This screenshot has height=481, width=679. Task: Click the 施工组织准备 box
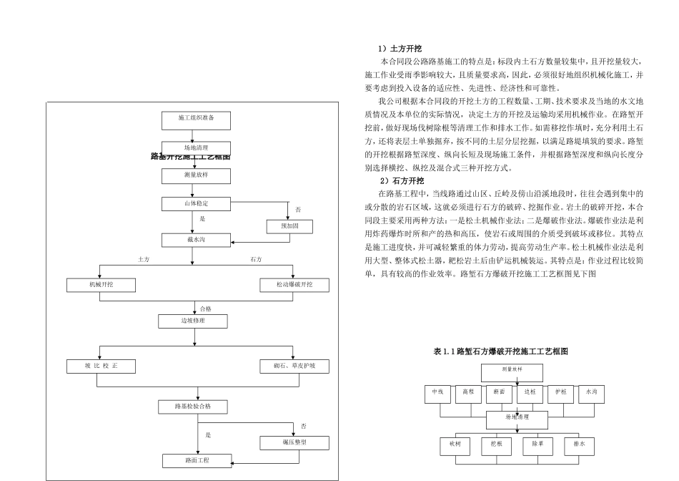click(196, 117)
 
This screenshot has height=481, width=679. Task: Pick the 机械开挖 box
click(101, 285)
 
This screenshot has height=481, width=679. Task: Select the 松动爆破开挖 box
click(294, 285)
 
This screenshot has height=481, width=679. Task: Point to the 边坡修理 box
click(192, 321)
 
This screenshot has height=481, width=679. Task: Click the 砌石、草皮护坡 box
click(294, 366)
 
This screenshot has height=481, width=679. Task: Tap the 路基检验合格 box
click(192, 407)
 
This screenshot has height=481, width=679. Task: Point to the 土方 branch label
click(144, 259)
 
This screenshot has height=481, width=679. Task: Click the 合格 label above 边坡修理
click(206, 308)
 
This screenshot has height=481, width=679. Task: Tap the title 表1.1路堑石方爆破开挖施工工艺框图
click(500, 351)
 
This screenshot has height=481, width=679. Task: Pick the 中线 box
click(437, 392)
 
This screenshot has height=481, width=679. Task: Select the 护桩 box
click(560, 392)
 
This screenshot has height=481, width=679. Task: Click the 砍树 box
click(455, 444)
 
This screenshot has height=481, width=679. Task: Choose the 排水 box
click(579, 444)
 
